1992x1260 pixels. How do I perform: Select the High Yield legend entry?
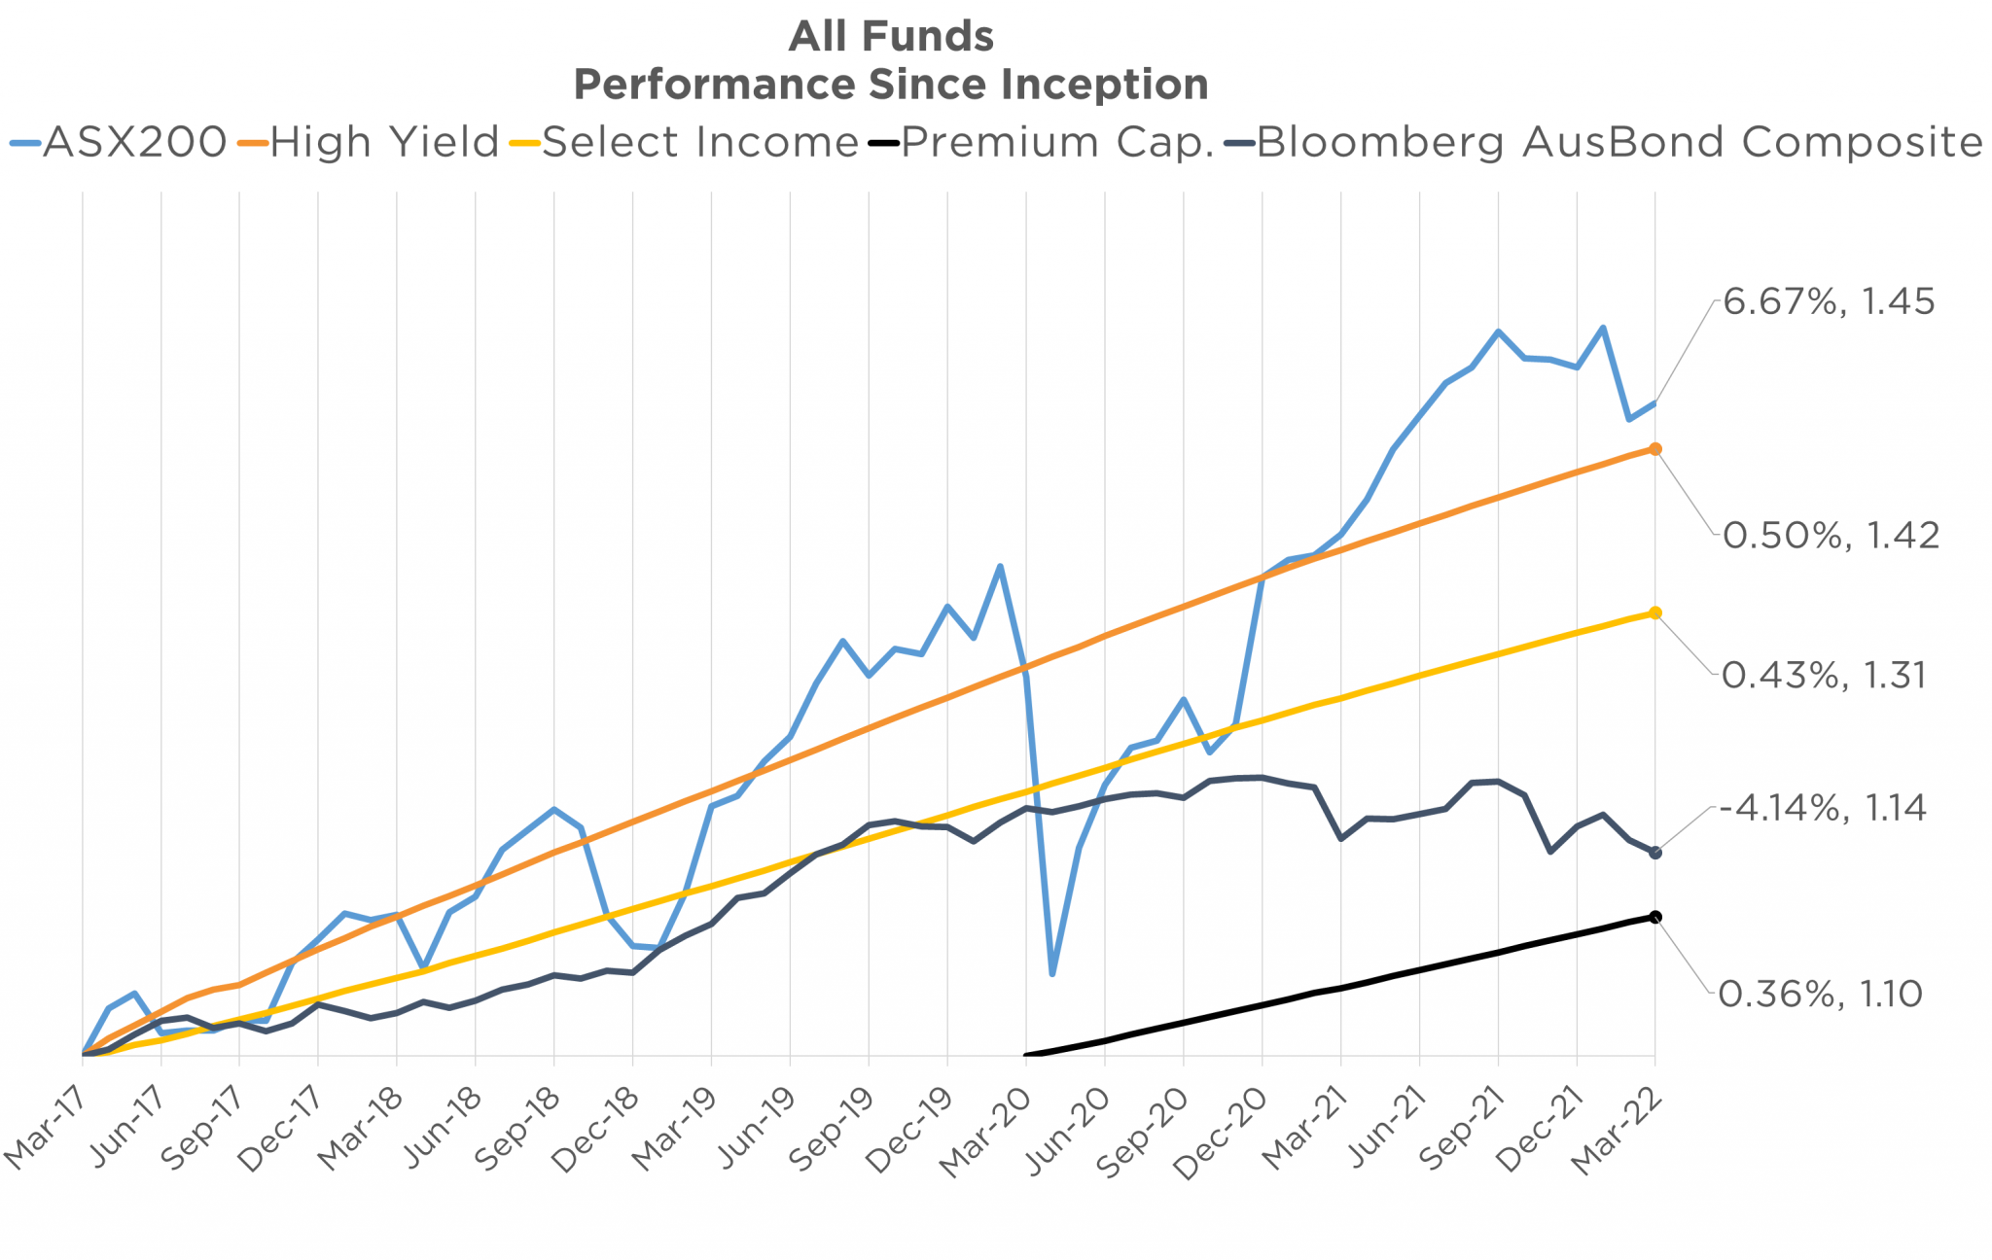point(370,142)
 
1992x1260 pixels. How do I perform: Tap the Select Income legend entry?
point(686,142)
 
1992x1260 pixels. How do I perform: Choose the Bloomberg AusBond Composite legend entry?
point(1605,142)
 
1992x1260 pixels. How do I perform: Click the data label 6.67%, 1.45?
point(1829,302)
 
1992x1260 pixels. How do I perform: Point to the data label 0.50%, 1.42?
point(1831,536)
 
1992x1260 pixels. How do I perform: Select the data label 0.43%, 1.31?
point(1824,675)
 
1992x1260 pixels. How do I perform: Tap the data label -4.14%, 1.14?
point(1822,808)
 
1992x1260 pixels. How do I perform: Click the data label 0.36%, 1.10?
point(1820,994)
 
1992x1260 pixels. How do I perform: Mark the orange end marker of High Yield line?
point(1655,449)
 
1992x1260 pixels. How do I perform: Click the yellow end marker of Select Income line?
point(1655,612)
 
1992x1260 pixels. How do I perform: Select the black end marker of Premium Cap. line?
point(1655,917)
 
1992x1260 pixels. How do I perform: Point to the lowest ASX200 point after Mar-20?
point(1052,973)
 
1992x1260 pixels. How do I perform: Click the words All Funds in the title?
point(891,37)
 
